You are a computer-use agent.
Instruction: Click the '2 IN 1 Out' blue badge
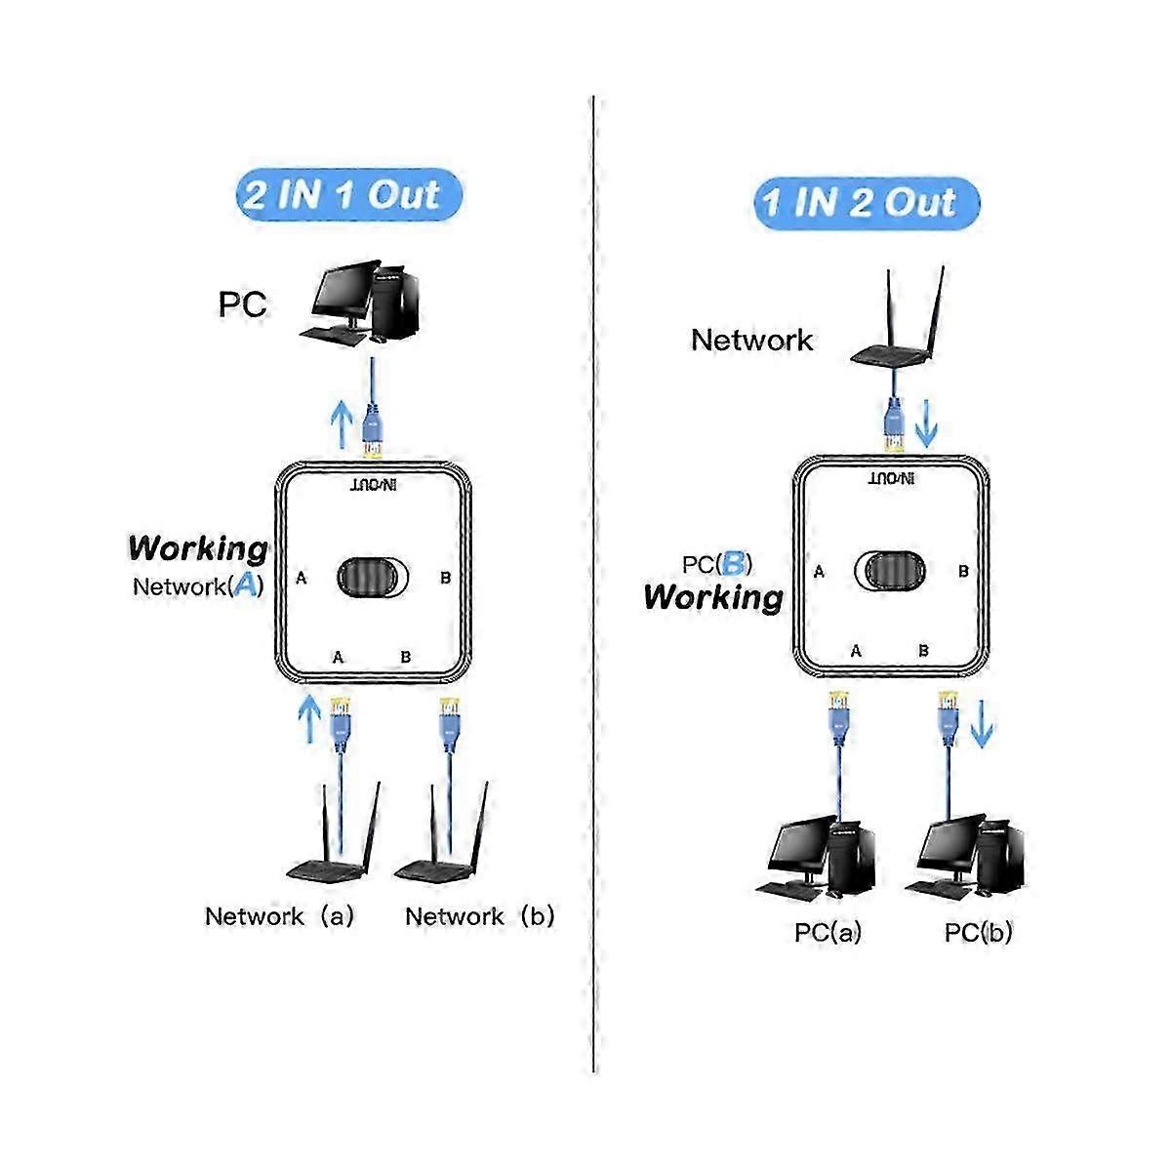coord(348,195)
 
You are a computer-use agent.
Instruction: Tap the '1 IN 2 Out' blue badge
coord(867,203)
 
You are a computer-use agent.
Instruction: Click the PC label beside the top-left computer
coord(242,304)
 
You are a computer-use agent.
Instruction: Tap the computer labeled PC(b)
coord(965,857)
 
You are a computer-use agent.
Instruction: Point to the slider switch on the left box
coord(373,578)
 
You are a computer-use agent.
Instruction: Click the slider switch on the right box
coord(890,571)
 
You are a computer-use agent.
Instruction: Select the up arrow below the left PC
coord(343,424)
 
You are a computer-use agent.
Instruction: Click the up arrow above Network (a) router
coord(309,719)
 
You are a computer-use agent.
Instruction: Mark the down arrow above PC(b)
coord(982,724)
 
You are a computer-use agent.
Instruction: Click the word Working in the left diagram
coord(198,548)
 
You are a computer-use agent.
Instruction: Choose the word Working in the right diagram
coord(713,597)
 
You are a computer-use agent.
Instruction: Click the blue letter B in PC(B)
coord(733,563)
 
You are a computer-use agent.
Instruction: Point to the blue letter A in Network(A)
coord(246,585)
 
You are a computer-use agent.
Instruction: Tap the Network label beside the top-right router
coord(751,340)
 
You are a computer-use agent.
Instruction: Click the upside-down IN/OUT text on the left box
coord(373,485)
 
